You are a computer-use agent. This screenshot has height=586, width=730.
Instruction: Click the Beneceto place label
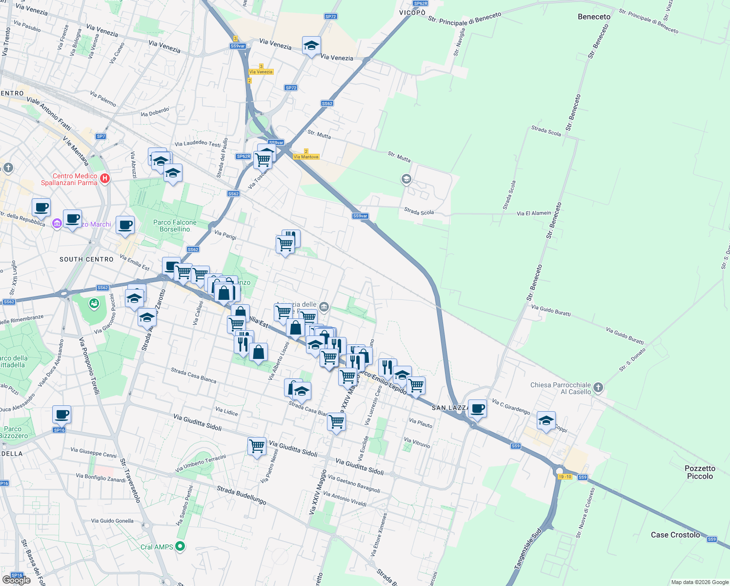[594, 17]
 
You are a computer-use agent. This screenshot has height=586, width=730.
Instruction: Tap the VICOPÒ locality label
[412, 13]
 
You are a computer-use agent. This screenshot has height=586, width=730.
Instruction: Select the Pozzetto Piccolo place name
[700, 472]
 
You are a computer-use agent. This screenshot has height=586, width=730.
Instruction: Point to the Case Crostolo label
[675, 535]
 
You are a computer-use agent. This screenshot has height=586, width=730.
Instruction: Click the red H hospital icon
[104, 179]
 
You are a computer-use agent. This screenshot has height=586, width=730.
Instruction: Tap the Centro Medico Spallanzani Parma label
[69, 179]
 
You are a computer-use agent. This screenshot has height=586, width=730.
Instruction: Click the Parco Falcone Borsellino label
[175, 226]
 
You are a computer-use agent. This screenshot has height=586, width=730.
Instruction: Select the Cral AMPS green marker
[181, 546]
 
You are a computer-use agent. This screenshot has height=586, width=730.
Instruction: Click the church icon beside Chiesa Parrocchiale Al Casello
[599, 388]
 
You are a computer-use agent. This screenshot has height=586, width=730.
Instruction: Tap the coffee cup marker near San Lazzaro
[477, 408]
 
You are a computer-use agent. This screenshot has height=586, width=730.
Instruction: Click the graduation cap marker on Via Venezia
[311, 46]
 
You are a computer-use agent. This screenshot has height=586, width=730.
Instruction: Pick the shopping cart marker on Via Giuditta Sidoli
[257, 446]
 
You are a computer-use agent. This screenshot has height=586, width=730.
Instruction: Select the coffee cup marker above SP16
[62, 415]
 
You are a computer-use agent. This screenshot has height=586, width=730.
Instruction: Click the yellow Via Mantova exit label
[306, 157]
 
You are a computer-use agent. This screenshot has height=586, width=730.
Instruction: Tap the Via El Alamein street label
[534, 213]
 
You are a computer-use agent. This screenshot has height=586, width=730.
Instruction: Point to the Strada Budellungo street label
[242, 495]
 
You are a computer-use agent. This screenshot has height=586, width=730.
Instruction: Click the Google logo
[16, 580]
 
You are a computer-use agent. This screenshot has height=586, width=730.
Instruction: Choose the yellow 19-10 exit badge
[565, 477]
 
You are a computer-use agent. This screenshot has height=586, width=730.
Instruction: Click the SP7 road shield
[101, 136]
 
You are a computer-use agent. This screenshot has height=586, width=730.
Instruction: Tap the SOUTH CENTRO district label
[86, 259]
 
